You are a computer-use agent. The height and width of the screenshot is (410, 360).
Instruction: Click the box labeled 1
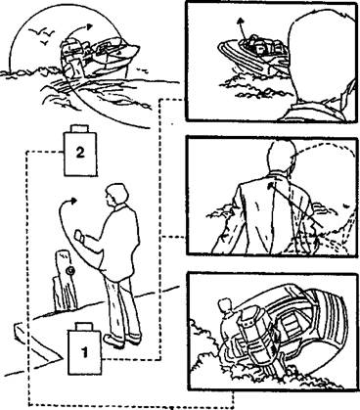(x=84, y=349)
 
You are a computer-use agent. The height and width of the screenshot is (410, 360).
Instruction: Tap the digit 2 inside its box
(x=80, y=153)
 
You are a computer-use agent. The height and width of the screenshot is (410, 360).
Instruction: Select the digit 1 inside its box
(x=84, y=352)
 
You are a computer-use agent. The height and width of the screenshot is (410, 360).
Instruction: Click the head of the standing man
(x=115, y=195)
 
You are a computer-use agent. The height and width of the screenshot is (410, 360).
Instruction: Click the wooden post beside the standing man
(x=66, y=281)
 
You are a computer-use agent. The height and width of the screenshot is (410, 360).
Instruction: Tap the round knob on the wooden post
(x=69, y=270)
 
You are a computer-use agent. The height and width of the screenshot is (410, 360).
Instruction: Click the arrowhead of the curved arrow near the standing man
(x=74, y=200)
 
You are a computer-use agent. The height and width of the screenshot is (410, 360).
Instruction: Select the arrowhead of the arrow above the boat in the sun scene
(x=90, y=27)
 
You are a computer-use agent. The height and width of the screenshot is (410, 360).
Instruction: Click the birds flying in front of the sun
(x=42, y=34)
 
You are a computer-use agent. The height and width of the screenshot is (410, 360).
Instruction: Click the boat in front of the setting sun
(x=98, y=58)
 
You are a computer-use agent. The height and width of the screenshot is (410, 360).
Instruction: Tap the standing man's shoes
(x=122, y=340)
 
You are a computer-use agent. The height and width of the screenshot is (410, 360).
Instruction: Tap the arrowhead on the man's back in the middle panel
(x=270, y=186)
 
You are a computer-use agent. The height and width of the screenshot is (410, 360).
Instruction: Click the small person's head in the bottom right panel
(x=224, y=304)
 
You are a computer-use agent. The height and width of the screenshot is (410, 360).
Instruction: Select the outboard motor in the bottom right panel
(x=259, y=340)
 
